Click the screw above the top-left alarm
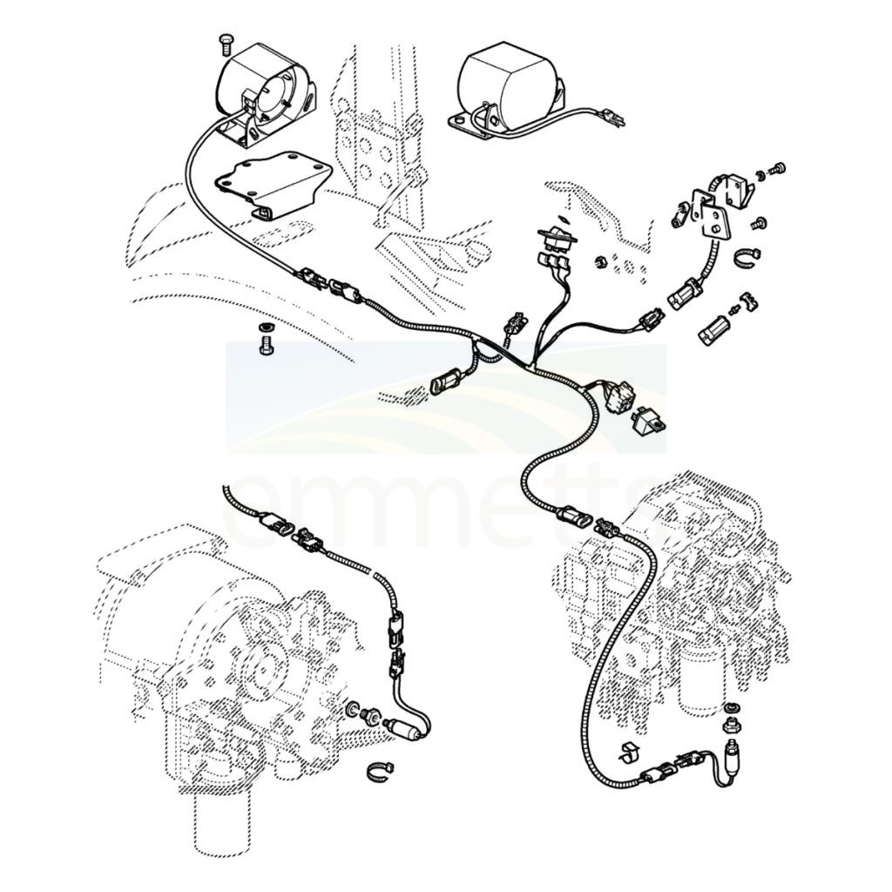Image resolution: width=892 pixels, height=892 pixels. pyautogui.click(x=226, y=44)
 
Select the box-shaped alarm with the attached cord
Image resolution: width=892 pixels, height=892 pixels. pyautogui.click(x=508, y=88)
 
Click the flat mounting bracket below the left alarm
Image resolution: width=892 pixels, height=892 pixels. pyautogui.click(x=273, y=183)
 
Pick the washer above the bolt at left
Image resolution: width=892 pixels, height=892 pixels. pyautogui.click(x=265, y=328)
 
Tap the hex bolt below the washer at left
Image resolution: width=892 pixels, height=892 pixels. pyautogui.click(x=266, y=345)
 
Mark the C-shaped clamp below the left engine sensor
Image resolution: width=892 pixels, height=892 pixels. pyautogui.click(x=380, y=772)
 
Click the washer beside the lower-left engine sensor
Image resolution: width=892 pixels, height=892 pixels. pyautogui.click(x=353, y=709)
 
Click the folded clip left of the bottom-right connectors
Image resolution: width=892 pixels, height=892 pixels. pyautogui.click(x=629, y=753)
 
